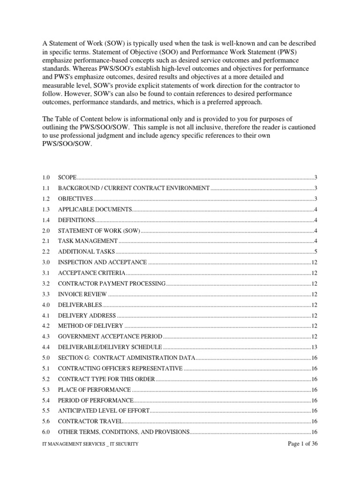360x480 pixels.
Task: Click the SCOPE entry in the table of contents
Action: (67, 177)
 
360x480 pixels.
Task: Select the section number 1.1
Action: (45, 188)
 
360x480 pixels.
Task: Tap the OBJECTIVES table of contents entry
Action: (75, 199)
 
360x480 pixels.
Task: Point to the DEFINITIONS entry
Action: (76, 220)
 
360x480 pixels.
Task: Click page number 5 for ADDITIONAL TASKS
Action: (316, 252)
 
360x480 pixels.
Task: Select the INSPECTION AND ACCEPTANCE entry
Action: (102, 262)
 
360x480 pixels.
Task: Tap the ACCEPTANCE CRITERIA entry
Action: (91, 273)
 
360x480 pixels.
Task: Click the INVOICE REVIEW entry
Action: (82, 294)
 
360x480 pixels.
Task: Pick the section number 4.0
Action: (45, 305)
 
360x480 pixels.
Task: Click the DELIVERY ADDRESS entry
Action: (87, 315)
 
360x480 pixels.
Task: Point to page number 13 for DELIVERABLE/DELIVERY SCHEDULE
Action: (315, 347)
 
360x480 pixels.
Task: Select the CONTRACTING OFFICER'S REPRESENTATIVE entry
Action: (120, 368)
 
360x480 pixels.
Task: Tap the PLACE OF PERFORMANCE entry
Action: (94, 390)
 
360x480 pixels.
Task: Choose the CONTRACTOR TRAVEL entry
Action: (90, 421)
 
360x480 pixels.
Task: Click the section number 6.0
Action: (45, 432)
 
